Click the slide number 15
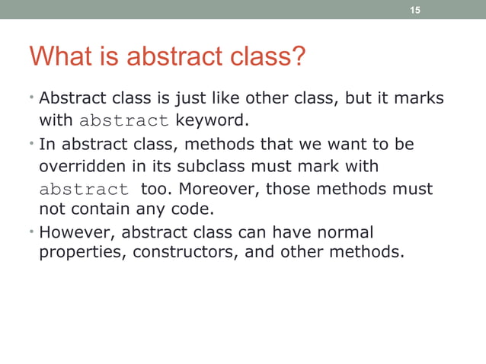coord(415,10)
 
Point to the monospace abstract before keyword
coord(124,121)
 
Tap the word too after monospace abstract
coord(154,188)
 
